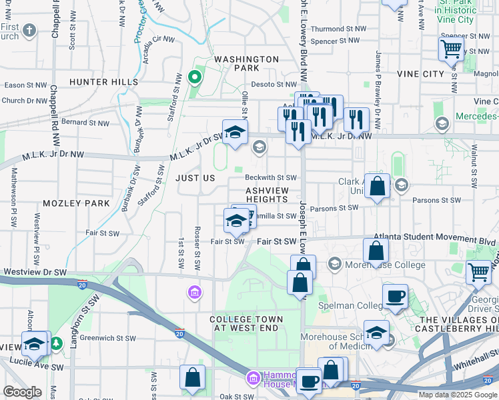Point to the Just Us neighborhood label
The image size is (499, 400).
195,179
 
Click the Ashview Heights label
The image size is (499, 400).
267,195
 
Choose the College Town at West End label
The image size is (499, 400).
247,324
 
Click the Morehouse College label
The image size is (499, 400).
385,265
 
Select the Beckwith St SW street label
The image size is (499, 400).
270,178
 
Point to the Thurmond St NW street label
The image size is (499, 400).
339,29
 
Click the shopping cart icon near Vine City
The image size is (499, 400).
451,49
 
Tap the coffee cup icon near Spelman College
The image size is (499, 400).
395,296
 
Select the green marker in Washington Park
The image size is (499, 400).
195,77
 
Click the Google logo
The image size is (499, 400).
22,392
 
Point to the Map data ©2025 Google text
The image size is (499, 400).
457,395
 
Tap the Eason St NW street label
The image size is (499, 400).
25,85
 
